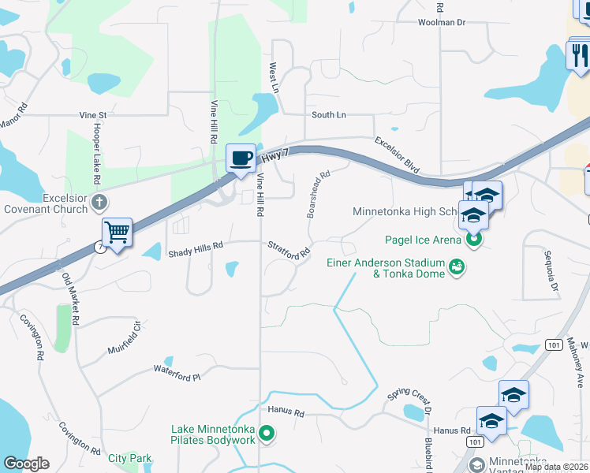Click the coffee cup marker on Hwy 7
point(241,158)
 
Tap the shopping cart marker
point(117,233)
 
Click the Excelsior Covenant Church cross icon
point(99,202)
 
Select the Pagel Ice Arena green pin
point(473,240)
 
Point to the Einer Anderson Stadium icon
point(456,268)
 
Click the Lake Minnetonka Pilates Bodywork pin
point(267,433)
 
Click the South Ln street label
point(329,115)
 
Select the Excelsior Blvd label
point(397,155)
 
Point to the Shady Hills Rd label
point(196,245)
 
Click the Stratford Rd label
point(288,251)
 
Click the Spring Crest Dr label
point(410,398)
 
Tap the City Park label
point(130,458)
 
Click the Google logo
point(26,464)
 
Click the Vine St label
point(92,115)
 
